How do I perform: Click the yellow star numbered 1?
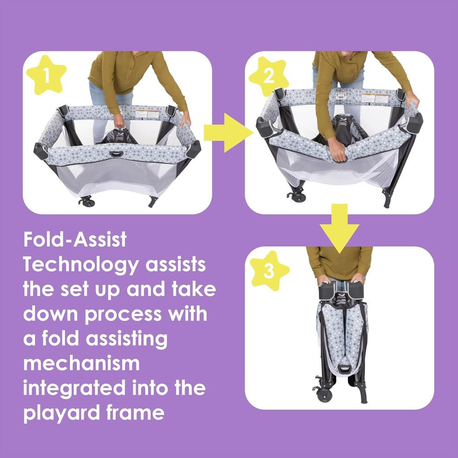(x=46, y=75)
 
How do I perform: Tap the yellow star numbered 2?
(x=269, y=76)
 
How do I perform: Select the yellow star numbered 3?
(x=269, y=271)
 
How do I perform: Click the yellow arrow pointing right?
(x=228, y=133)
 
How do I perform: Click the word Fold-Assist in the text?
(x=75, y=240)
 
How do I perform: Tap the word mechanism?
(x=82, y=363)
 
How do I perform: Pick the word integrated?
(x=74, y=389)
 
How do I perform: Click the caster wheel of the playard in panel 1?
(x=87, y=202)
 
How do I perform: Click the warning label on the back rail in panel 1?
(x=147, y=114)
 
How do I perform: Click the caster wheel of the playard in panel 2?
(x=298, y=197)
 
